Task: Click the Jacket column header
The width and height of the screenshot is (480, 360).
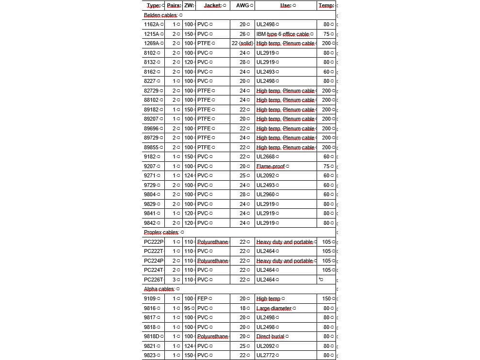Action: point(212,5)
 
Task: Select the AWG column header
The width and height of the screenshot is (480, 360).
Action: point(242,5)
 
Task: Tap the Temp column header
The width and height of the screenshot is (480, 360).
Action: point(326,5)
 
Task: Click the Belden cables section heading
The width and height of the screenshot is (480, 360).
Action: point(160,15)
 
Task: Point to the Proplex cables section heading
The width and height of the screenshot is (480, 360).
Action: point(161,232)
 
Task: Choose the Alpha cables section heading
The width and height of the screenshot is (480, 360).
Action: point(159,289)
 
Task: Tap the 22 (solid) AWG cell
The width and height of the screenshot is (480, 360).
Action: point(242,43)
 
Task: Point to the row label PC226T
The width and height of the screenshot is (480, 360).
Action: point(153,280)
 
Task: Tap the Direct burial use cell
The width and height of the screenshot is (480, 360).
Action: point(272,336)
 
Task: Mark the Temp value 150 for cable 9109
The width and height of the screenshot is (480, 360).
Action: point(326,298)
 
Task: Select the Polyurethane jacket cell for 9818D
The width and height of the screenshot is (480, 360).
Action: point(212,336)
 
